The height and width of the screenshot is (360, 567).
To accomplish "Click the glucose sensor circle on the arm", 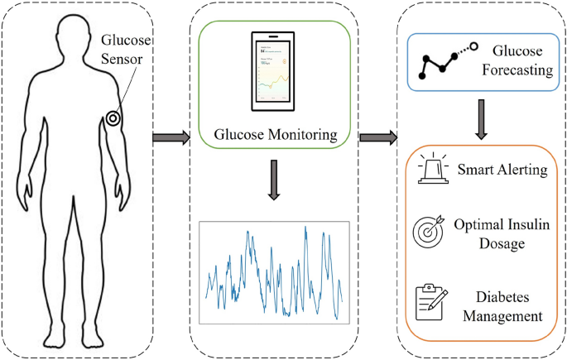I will click(113, 118).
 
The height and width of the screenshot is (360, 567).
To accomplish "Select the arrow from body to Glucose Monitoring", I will click(170, 135).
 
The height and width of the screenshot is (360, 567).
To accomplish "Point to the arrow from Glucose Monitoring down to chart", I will click(274, 183).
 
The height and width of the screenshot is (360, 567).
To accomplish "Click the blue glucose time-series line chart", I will click(274, 271).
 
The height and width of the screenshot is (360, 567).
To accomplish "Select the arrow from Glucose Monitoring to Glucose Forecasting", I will click(379, 135).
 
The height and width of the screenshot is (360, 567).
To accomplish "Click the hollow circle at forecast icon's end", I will click(474, 46).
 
